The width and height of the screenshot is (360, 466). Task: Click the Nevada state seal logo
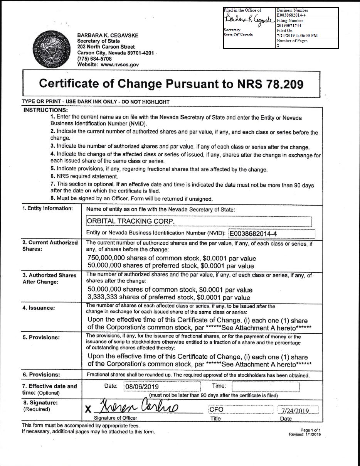coord(50,50)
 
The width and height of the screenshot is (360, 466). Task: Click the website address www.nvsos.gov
coord(119,65)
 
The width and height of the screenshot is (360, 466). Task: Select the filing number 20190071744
coord(289,25)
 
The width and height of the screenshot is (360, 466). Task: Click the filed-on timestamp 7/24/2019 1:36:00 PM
coord(297,35)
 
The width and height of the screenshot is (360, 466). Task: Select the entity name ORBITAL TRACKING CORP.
coord(131,221)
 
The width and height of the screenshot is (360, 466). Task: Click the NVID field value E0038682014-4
coord(254,234)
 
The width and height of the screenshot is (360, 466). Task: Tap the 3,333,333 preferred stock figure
coord(103,297)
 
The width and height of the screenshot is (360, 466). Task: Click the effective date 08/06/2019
coord(142,386)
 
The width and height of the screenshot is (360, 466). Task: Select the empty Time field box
coord(266,386)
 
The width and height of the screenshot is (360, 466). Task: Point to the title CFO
coord(216,410)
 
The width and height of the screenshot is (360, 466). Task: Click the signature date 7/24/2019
coord(295,411)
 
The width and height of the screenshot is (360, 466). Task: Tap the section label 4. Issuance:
coord(39,308)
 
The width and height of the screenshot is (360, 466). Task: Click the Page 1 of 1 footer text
coord(310,430)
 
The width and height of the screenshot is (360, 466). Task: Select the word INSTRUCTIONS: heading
coord(46,110)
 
